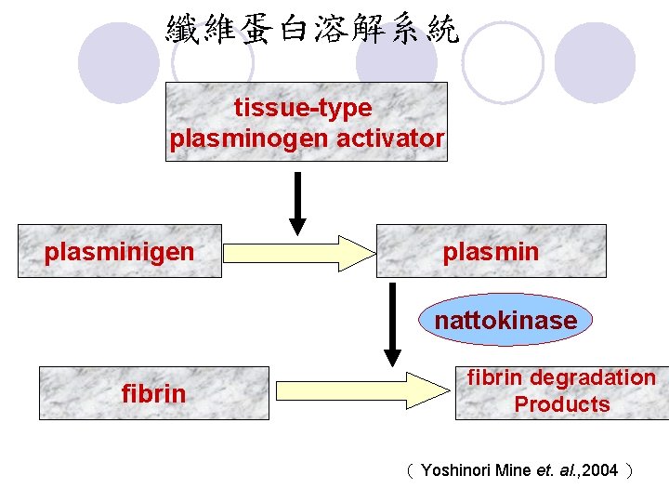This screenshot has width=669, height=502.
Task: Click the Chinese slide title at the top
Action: click(x=313, y=30)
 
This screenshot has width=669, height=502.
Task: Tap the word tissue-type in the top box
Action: click(x=303, y=109)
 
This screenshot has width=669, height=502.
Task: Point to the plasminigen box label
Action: click(x=120, y=252)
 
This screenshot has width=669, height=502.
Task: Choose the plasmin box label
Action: click(x=491, y=252)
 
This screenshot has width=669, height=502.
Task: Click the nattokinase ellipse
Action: click(x=505, y=321)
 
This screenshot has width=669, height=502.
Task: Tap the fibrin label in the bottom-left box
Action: click(x=153, y=394)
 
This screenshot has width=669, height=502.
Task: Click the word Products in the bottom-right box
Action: click(x=562, y=404)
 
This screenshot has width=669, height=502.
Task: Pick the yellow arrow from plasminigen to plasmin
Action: click(x=297, y=252)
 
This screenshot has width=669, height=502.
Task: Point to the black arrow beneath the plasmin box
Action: click(x=392, y=325)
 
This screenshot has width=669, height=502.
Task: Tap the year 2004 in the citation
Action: click(x=600, y=470)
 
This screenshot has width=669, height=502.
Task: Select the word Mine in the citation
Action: click(x=514, y=470)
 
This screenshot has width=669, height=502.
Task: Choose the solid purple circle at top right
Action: click(x=595, y=61)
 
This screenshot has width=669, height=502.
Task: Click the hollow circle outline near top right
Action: click(x=503, y=61)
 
